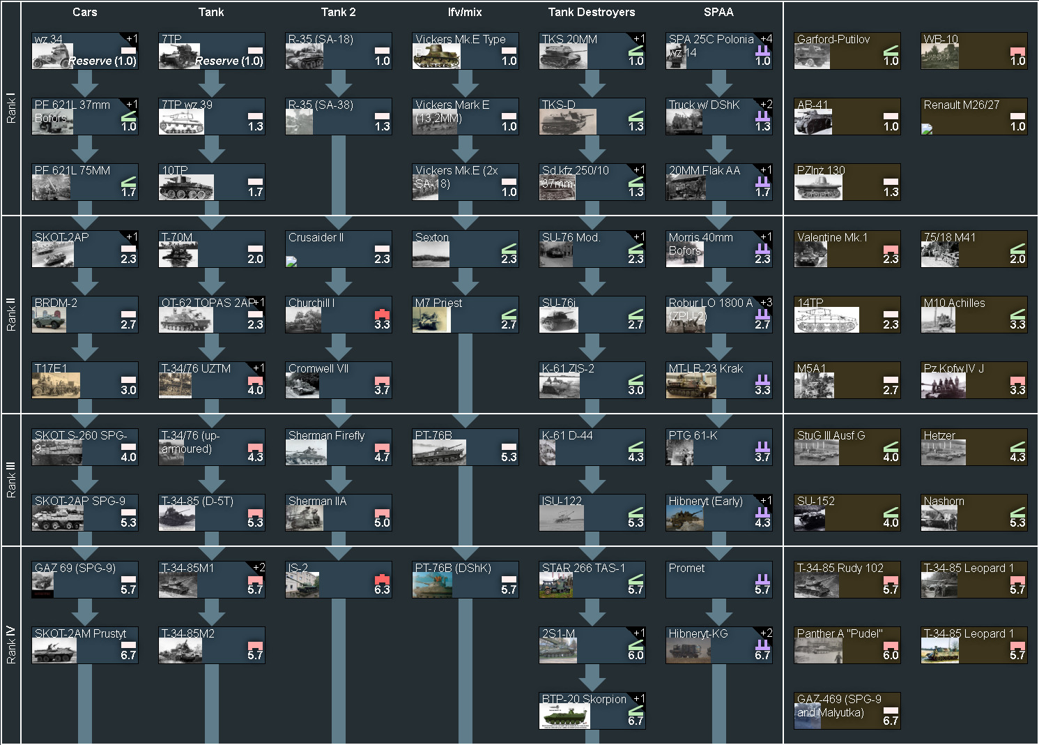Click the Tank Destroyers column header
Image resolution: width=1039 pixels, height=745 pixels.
pos(591,12)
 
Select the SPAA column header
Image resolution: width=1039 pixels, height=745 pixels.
pos(718,12)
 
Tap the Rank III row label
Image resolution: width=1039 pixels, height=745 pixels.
pos(10,480)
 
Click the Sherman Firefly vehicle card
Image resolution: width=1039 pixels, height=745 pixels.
pos(339,446)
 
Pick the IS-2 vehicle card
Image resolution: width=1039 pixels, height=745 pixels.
pos(339,579)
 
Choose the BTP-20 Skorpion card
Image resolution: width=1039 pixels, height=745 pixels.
pos(592,710)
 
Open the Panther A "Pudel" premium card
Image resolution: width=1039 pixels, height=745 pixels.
pos(847,645)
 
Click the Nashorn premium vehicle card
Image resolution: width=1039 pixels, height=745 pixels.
pos(974,512)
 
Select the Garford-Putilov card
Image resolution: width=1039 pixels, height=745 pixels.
pos(847,50)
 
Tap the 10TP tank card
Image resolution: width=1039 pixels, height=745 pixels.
pos(212,181)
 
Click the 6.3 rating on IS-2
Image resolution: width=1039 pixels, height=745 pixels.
pos(382,589)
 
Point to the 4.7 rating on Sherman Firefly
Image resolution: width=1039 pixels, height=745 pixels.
pos(382,457)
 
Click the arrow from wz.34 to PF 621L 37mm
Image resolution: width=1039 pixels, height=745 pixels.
pos(85,84)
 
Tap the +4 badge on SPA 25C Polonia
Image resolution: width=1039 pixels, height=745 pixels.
pos(766,38)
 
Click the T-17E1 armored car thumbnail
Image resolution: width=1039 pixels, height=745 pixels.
pos(56,385)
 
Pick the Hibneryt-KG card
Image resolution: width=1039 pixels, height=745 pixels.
pos(719,645)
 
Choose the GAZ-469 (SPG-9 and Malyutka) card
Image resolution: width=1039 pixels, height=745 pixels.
pos(847,710)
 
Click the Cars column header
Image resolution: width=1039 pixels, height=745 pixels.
pos(85,12)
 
